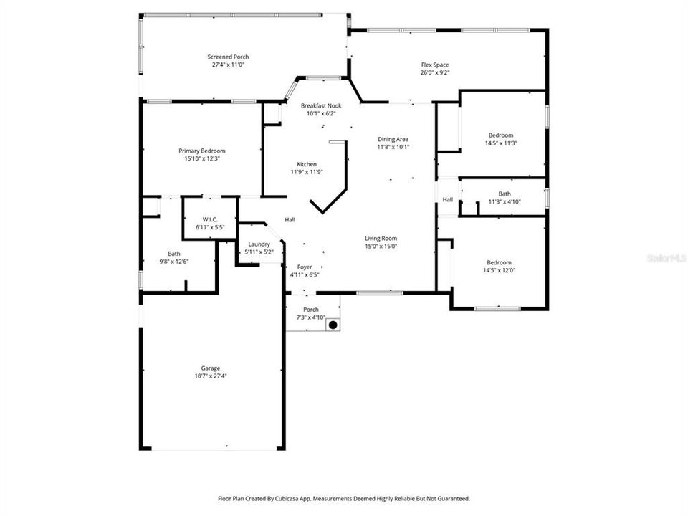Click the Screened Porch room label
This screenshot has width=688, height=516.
click(228, 57)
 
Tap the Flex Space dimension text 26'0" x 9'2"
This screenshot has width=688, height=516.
click(434, 72)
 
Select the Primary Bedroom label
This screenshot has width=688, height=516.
click(202, 150)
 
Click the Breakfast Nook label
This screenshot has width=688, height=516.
click(321, 105)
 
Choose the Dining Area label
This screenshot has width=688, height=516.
click(393, 139)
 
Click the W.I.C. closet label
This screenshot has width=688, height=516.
click(210, 219)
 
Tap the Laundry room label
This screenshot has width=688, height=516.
click(259, 244)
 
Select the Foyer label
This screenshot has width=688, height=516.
click(305, 267)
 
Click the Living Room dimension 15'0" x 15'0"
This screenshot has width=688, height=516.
click(381, 247)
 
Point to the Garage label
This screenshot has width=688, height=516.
click(210, 368)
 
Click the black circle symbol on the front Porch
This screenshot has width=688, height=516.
click(333, 325)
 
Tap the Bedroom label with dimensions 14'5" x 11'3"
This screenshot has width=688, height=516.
click(501, 135)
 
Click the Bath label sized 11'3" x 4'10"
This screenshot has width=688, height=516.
click(505, 193)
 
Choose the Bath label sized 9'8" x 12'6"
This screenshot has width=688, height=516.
click(174, 254)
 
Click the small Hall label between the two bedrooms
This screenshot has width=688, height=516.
click(447, 200)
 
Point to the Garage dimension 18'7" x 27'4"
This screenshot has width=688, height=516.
click(210, 376)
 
